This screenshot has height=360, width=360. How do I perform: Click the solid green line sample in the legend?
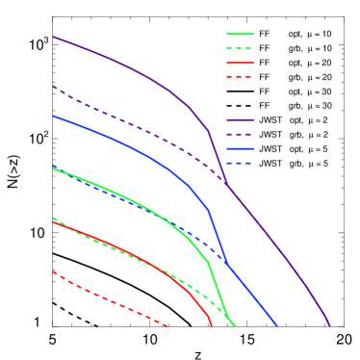240,34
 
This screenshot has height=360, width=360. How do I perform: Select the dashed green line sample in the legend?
240,48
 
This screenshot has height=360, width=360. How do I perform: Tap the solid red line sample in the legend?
240,63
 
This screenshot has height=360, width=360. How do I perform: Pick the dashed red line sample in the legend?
240,77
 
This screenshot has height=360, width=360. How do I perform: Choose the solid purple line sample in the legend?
240,120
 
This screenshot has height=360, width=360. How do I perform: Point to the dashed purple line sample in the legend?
240,135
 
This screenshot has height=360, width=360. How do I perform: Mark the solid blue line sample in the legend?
240,149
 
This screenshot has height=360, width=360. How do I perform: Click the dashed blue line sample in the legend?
240,164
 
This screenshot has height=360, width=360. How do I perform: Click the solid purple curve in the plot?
125,64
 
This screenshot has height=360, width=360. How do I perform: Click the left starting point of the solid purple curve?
53,37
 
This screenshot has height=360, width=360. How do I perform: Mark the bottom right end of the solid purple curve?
330,325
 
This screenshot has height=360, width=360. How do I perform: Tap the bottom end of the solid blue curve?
277,325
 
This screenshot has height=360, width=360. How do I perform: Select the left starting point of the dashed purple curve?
53,87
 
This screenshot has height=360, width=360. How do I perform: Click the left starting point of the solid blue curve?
53,116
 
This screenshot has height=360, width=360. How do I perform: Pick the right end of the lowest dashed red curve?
168,326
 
